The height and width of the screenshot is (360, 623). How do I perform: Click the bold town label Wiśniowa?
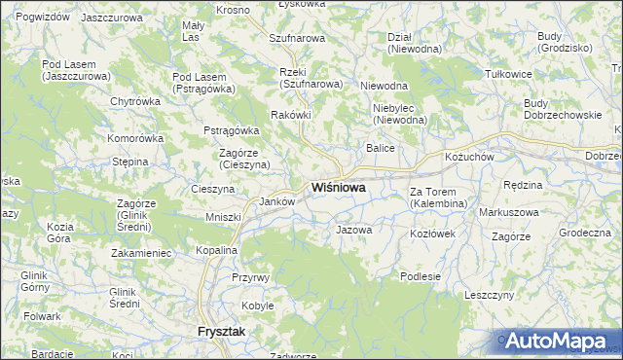(339, 188)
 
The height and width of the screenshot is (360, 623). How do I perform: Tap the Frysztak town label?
(221, 332)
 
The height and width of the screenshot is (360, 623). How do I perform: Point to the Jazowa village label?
(353, 231)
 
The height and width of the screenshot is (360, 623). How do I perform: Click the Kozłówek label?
(433, 234)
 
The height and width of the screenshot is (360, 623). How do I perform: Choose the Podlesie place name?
(421, 276)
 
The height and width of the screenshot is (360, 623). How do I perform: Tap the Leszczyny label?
(489, 294)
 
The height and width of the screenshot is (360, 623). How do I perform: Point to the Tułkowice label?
(509, 73)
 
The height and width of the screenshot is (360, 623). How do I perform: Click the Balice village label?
(380, 148)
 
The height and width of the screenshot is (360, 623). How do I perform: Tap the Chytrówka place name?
(134, 101)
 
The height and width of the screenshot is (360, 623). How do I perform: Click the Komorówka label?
(135, 138)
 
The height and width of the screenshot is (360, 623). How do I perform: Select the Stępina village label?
(129, 162)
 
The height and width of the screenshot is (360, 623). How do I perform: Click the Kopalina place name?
(215, 250)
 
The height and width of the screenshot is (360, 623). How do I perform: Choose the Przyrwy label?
(250, 277)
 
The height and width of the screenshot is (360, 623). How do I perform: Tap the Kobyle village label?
(258, 306)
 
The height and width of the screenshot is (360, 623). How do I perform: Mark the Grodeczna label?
(584, 234)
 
